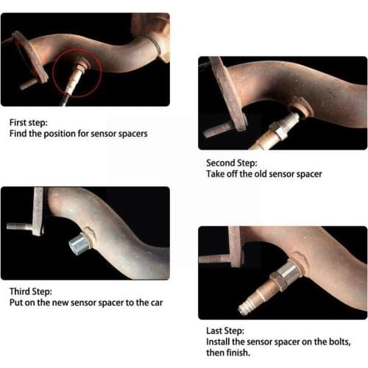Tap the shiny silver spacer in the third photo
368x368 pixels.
click(x=79, y=242)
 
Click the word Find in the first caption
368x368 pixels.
click(x=17, y=134)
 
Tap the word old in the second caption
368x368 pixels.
click(x=261, y=174)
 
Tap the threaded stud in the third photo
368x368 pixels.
click(x=18, y=226)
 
